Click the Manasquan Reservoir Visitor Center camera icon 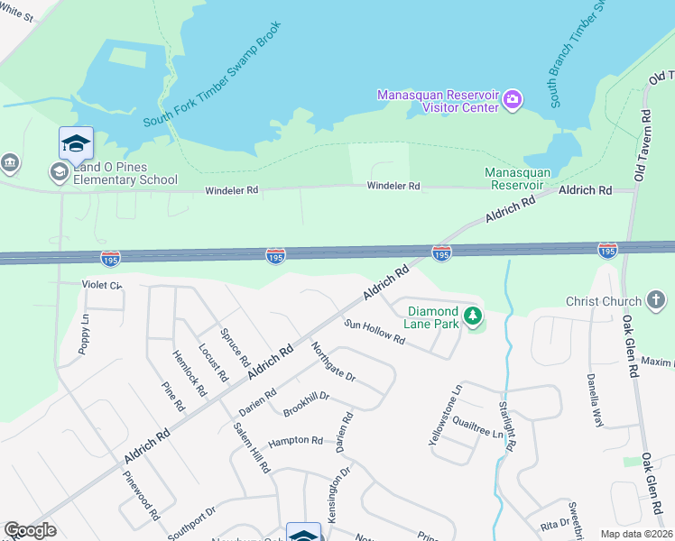(x=512, y=98)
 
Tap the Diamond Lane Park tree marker (x=472, y=316)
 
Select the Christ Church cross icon (x=656, y=300)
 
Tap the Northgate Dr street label (x=334, y=362)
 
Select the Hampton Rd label (x=295, y=441)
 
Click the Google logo (x=30, y=530)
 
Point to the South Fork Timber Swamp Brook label (x=213, y=77)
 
